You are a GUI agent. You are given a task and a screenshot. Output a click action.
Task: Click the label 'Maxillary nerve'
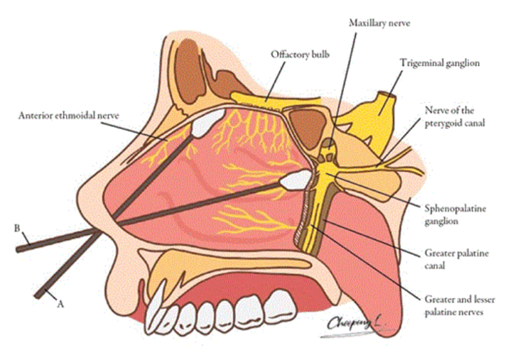(x=379, y=23)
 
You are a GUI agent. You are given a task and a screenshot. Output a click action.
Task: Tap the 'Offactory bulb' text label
(x=299, y=54)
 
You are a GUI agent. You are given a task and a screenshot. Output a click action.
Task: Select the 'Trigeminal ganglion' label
(x=439, y=63)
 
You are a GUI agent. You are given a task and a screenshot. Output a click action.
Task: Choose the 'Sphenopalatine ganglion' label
(x=449, y=215)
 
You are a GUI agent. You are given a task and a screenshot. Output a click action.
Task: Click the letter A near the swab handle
(x=60, y=303)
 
